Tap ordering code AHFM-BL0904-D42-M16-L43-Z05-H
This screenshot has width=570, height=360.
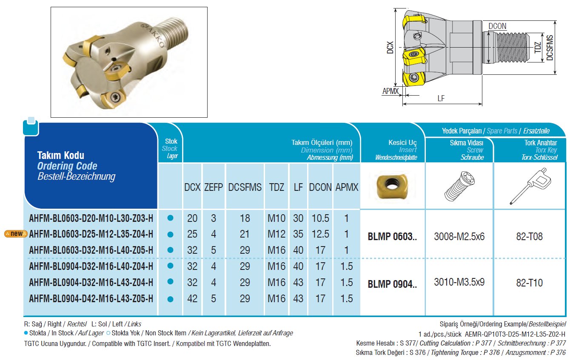[91, 299]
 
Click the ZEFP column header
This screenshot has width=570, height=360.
[213, 187]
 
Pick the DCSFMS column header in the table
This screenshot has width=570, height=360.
[245, 187]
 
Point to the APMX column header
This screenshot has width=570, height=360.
[347, 187]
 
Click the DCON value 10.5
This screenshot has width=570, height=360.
[320, 218]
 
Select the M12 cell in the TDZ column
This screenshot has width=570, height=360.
[276, 234]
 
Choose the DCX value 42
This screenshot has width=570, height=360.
[192, 299]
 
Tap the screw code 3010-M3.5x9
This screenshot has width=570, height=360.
[459, 282]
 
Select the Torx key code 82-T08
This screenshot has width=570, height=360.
[529, 237]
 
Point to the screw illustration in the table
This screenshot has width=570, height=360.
[459, 187]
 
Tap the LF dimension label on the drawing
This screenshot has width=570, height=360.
[441, 98]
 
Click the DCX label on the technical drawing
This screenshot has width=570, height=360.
[390, 47]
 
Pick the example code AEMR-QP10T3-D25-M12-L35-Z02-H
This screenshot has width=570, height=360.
[515, 334]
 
